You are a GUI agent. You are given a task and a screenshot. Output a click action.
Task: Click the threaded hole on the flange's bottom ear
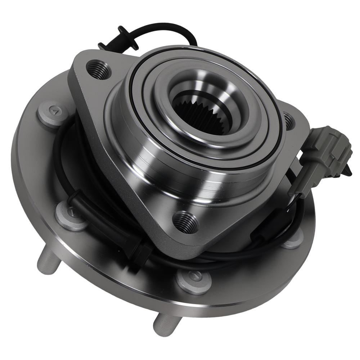coord(186,222)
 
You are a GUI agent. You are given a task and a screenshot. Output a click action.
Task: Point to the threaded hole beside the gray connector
coord(289,121)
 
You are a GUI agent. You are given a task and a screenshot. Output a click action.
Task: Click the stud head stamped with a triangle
coord(54,113)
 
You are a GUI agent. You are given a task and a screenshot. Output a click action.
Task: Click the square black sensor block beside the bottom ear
coord(143,254)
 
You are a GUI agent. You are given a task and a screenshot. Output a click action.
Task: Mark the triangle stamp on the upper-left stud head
coord(53,112)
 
